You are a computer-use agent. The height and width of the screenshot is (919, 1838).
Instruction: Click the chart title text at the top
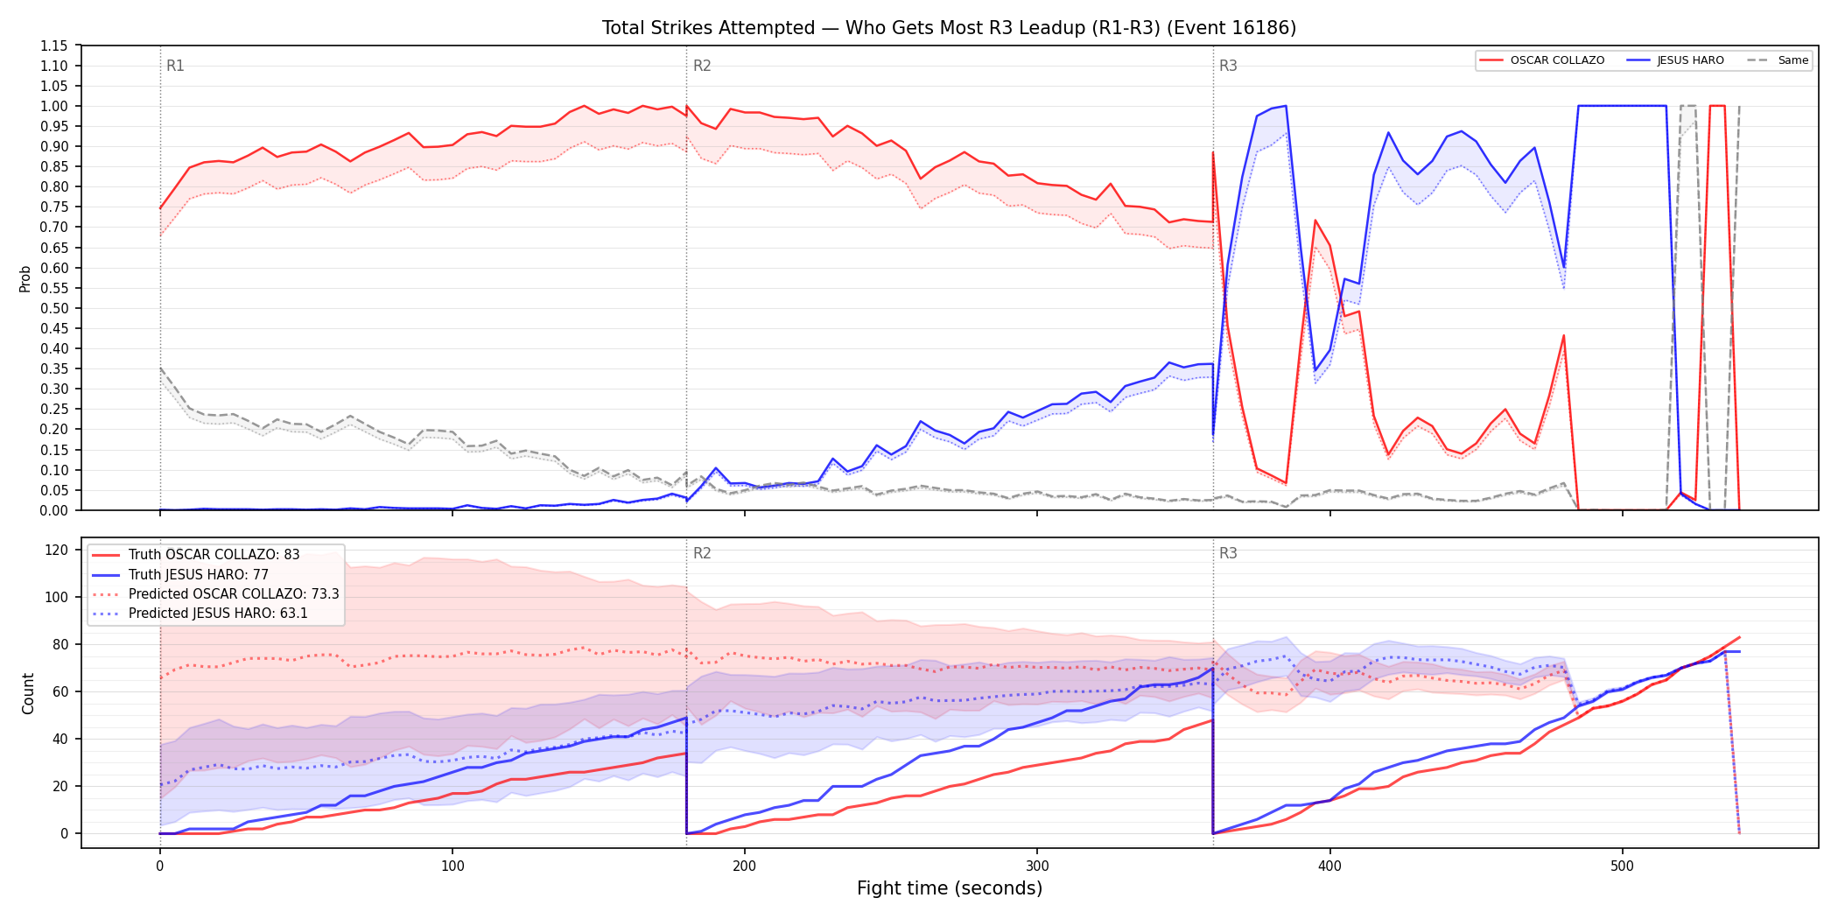point(949,28)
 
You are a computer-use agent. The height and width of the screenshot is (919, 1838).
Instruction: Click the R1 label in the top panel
point(175,66)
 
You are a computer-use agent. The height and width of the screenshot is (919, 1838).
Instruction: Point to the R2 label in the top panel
point(702,66)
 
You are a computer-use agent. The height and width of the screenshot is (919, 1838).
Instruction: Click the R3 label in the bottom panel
point(1228,553)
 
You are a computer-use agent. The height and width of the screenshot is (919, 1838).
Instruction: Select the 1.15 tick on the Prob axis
point(53,46)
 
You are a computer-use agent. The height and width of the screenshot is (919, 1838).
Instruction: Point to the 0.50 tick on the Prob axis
point(53,308)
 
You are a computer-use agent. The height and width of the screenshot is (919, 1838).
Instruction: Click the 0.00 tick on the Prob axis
point(53,510)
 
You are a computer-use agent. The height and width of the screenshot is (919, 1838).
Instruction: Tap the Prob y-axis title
point(25,278)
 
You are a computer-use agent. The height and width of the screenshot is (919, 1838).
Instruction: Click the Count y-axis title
point(28,693)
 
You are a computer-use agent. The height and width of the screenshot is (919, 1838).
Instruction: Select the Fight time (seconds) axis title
point(950,888)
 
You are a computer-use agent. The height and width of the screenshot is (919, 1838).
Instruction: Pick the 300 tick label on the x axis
point(1037,866)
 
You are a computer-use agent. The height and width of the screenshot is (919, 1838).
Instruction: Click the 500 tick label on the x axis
point(1622,866)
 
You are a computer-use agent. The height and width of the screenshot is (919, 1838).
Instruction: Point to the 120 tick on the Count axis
point(57,550)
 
